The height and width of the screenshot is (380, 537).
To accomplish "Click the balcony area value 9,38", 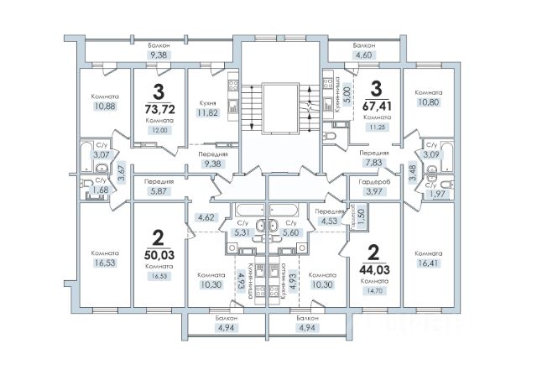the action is tap(159, 55).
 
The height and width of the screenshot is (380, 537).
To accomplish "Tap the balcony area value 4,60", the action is tap(363, 55).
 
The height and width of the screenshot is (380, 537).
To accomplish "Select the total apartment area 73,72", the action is tap(160, 109).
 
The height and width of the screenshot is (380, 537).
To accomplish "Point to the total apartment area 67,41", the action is tap(377, 106).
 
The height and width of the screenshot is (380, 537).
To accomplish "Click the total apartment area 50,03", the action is tap(159, 255).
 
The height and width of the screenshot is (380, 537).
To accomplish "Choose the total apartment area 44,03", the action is tap(374, 270).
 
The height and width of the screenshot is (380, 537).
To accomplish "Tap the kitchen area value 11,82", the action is tap(207, 112).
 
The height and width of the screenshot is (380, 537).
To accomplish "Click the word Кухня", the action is tap(207, 103).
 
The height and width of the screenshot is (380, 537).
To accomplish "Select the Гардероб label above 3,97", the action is tap(374, 182).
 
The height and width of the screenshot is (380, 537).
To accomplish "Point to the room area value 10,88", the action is tap(105, 107).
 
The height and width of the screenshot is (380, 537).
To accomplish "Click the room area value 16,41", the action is tap(428, 263).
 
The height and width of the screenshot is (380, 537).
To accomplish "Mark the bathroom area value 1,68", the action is tap(99, 189).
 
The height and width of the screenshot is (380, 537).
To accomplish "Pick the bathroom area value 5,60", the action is tap(290, 233).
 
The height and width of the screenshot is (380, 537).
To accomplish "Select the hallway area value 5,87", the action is tap(159, 191).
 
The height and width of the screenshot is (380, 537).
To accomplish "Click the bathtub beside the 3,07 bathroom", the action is tap(86, 157).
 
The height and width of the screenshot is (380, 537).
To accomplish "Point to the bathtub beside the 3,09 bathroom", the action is tap(447, 157).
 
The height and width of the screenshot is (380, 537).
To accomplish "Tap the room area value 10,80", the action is tap(428, 102).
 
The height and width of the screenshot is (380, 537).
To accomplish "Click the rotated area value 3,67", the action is tap(123, 174).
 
